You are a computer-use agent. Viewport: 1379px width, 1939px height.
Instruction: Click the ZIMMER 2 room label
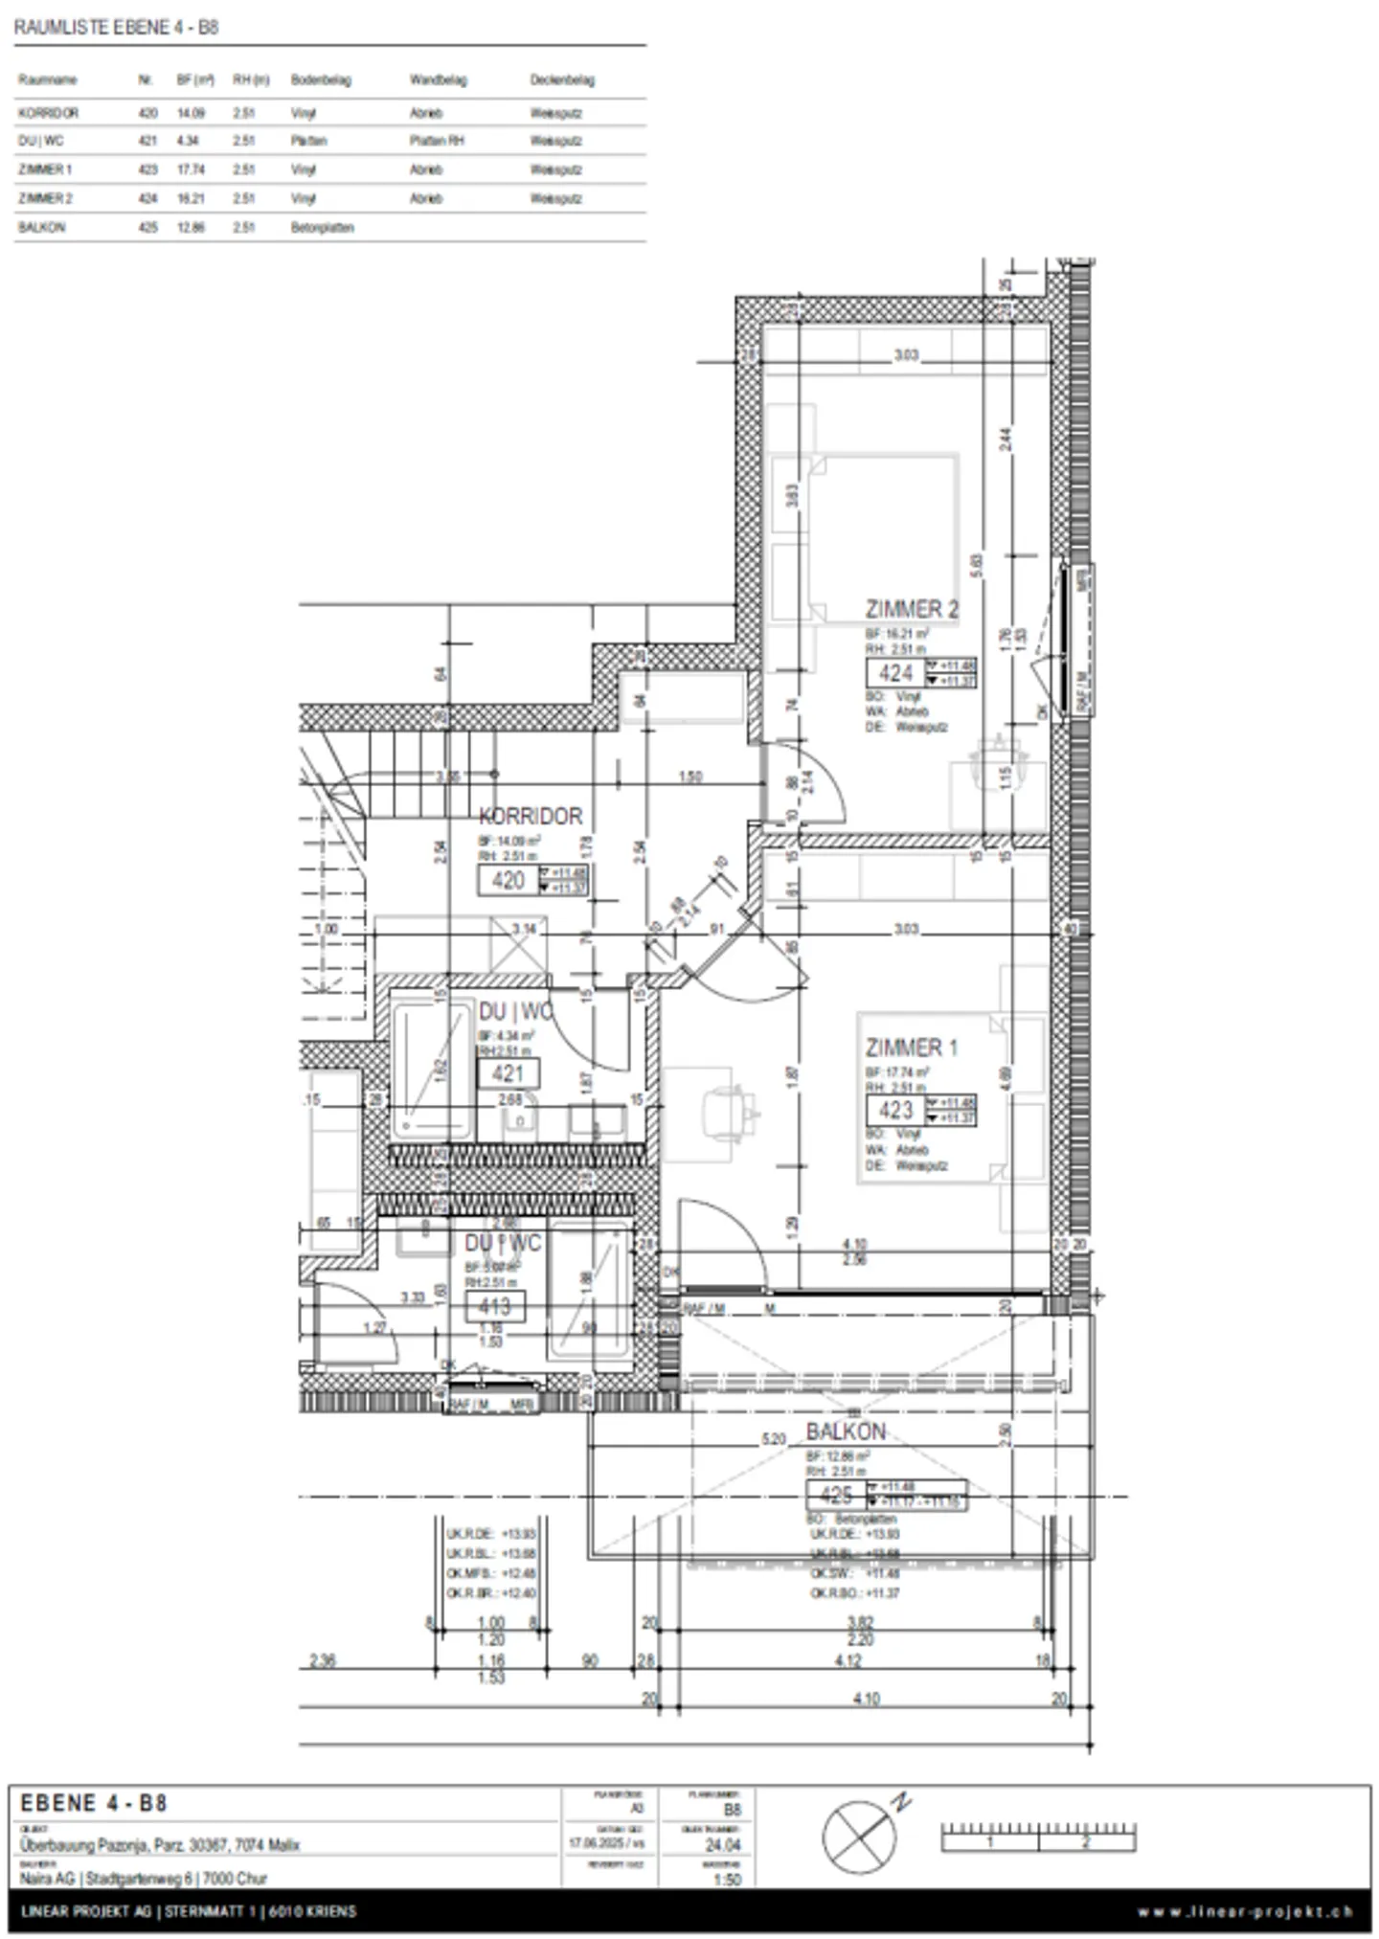pos(911,609)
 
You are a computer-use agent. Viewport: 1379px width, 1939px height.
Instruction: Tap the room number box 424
pos(895,673)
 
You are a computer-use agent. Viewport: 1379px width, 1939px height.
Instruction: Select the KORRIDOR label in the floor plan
pos(531,817)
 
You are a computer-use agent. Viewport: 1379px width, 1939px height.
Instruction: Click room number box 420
pos(508,880)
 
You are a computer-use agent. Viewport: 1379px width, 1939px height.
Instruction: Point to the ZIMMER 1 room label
pos(911,1048)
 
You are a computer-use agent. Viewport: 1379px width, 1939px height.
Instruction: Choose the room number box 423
pos(895,1111)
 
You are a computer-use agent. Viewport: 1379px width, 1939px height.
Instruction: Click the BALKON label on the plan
pos(846,1432)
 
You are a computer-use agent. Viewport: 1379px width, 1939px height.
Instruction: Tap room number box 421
pos(508,1073)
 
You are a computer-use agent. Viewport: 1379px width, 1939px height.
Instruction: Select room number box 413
pos(494,1306)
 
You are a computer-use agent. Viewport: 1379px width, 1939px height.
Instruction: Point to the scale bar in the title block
pos(1038,1836)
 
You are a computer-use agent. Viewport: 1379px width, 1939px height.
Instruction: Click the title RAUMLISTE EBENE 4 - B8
pos(116,27)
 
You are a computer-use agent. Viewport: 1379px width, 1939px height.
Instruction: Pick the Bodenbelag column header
pos(321,80)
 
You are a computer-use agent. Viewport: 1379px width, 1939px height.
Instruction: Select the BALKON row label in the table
pos(41,228)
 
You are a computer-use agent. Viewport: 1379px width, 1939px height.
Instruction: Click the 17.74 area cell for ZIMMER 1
pos(191,169)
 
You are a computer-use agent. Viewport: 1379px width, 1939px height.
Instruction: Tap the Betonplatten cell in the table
pos(322,228)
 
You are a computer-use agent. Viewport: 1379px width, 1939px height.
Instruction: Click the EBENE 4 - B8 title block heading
pos(94,1803)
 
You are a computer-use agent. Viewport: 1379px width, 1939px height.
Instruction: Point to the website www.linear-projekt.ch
pos(1245,1912)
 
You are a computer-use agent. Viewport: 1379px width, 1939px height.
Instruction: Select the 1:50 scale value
pos(727,1879)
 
